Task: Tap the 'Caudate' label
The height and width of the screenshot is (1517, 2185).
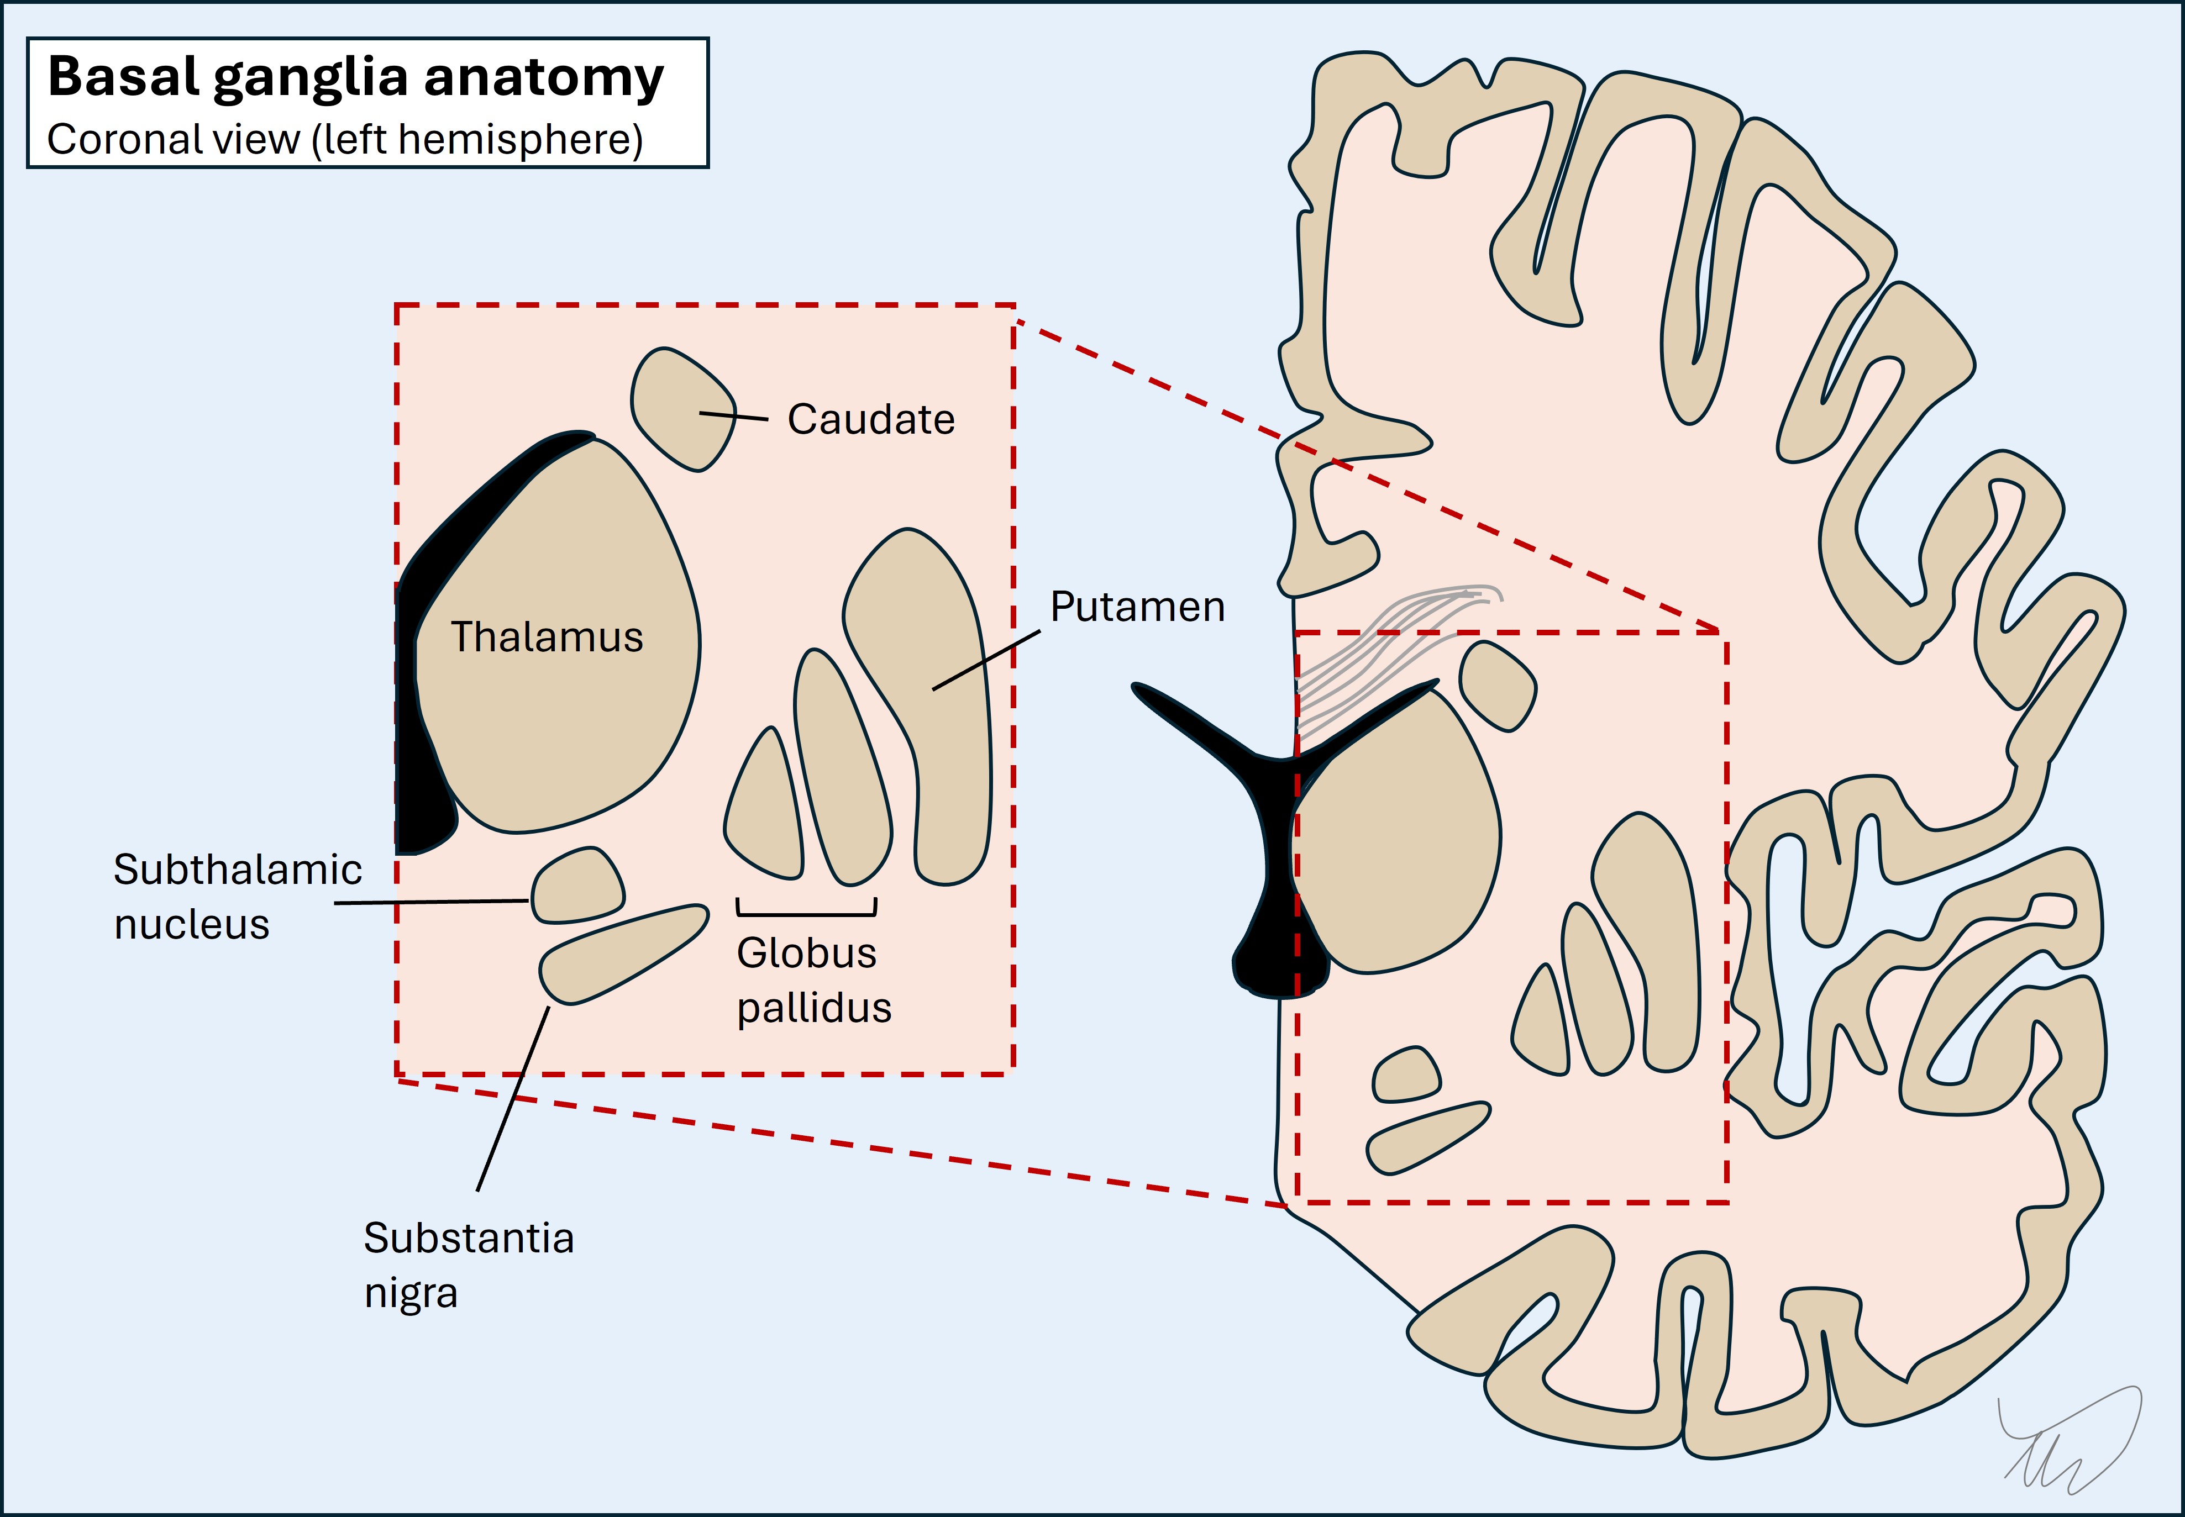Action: [x=870, y=419]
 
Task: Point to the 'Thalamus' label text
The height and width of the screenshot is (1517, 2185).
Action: [x=547, y=637]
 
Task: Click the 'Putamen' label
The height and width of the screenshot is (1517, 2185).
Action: [x=1137, y=607]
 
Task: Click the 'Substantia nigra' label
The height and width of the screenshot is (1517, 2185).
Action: [x=468, y=1264]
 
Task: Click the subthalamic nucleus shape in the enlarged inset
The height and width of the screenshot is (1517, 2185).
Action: [x=576, y=887]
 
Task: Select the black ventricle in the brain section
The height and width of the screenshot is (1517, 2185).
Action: [x=1274, y=855]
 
